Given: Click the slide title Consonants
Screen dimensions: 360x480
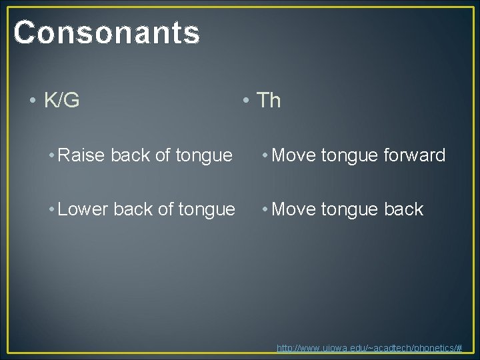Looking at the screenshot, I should coord(107,32).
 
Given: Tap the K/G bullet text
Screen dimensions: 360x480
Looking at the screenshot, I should coord(61,100).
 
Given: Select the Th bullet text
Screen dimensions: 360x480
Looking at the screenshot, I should coord(269,100).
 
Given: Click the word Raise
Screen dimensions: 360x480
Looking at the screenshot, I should coord(83,155).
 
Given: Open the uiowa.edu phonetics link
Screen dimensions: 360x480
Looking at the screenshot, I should coord(369,348).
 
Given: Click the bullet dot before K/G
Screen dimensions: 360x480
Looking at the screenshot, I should coord(33,101).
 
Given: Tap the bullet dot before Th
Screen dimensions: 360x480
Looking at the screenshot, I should coord(247,101).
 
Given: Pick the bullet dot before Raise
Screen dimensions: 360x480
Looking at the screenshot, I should coord(51,156).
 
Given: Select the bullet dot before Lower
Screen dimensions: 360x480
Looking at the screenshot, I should coord(51,209).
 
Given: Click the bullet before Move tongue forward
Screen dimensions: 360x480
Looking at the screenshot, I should coord(266,156).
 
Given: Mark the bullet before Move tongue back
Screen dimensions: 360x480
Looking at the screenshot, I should coord(266,209).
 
